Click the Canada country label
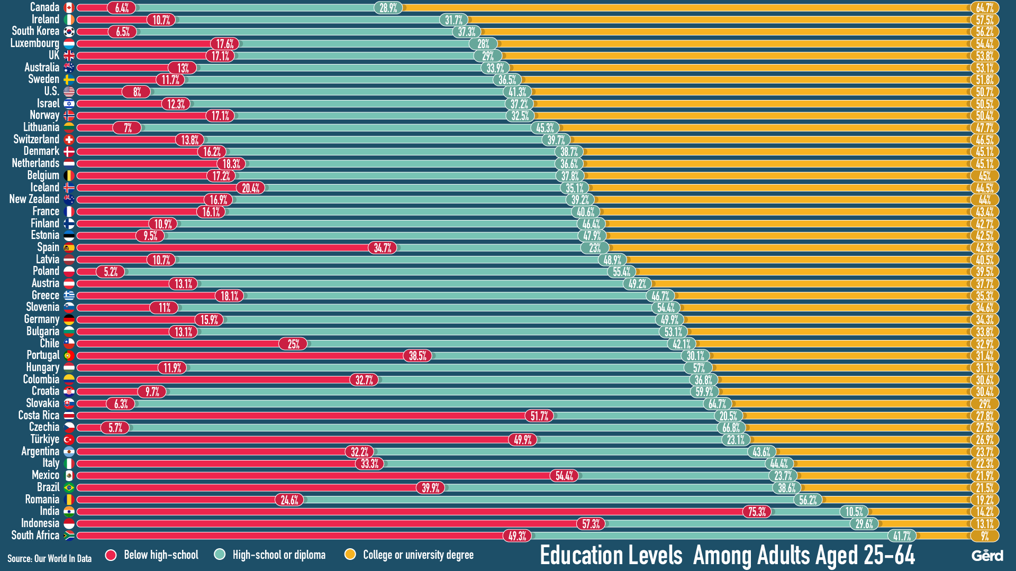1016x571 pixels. (44, 7)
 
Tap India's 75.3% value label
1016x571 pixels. (757, 512)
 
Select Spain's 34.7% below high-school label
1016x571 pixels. (382, 248)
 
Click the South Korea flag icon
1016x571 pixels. (69, 32)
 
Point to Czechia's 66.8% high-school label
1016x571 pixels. (731, 428)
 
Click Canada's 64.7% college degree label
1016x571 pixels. (984, 8)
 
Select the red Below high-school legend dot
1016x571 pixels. (111, 555)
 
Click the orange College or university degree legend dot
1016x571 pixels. (350, 554)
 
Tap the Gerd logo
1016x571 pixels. (987, 556)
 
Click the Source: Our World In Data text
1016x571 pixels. (49, 558)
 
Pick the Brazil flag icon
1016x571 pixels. (69, 487)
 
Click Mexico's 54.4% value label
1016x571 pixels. (564, 476)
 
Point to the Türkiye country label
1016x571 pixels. (44, 439)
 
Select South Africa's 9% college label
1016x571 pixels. (984, 536)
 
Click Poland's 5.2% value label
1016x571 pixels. (110, 272)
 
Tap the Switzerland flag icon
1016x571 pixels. (69, 140)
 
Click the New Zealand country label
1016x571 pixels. (34, 199)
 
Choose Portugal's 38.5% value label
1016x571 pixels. (417, 356)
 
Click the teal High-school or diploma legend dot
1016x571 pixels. (220, 554)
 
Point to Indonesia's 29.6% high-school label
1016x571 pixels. (864, 524)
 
